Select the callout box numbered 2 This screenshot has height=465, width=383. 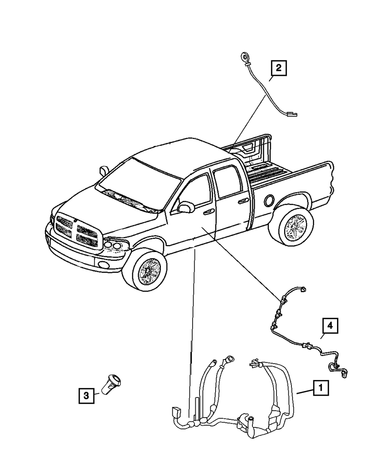[x=278, y=69]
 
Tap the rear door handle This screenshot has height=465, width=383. [x=242, y=201]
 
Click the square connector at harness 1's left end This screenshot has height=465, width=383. [x=177, y=413]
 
